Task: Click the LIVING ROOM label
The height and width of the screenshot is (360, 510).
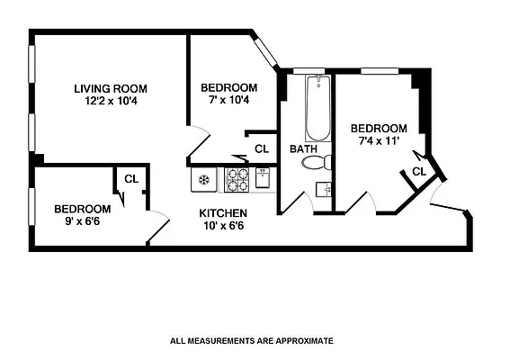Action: tap(111, 88)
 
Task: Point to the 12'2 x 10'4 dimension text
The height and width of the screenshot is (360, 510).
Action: tap(111, 101)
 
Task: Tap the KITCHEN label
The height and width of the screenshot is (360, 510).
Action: tap(223, 212)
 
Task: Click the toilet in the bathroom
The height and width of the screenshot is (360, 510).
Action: tap(316, 163)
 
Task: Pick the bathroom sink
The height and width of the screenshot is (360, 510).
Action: tap(323, 189)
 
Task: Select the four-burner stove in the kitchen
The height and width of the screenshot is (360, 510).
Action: tap(237, 180)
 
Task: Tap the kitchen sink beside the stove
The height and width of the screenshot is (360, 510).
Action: tap(262, 179)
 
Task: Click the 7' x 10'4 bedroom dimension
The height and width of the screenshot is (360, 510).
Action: tap(228, 101)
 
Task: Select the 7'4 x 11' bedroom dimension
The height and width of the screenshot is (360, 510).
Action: tap(379, 141)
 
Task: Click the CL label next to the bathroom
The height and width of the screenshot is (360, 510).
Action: tap(262, 149)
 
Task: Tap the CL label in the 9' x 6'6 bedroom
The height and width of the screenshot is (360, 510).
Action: tap(131, 178)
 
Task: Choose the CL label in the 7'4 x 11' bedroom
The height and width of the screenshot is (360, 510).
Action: tap(419, 171)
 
